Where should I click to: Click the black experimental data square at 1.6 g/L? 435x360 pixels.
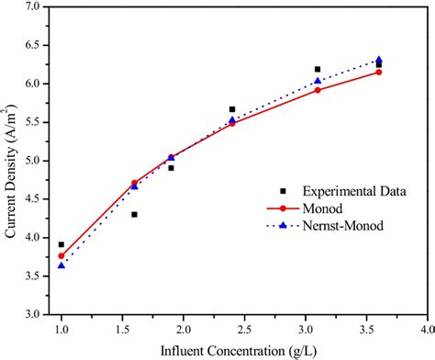(134, 214)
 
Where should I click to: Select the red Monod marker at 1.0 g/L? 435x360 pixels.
(61, 256)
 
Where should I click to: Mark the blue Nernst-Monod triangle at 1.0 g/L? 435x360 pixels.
(61, 265)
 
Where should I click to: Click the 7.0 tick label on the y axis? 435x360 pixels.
(32, 6)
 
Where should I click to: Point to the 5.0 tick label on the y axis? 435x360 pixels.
(32, 161)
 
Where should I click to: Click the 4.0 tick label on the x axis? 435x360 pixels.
(427, 328)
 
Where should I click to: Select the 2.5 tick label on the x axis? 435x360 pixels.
(244, 328)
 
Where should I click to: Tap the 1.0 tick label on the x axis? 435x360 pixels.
(61, 328)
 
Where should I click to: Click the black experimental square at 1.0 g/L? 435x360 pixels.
(61, 244)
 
